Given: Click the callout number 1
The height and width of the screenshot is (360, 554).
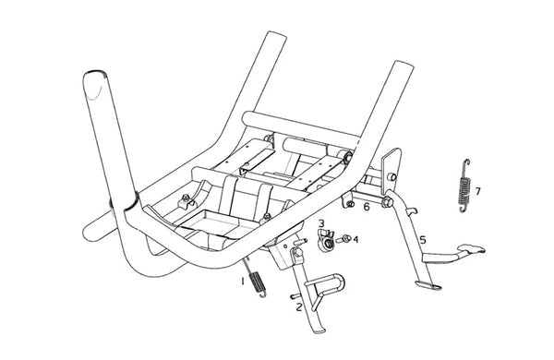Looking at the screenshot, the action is pos(243,282).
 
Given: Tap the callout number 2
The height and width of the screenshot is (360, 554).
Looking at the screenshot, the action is pos(299,307).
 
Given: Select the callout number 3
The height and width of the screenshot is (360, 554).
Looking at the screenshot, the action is pos(321,223).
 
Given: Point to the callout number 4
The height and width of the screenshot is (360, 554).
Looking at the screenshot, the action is pos(355,240).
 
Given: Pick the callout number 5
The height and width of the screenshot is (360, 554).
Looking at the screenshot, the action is pos(423,240).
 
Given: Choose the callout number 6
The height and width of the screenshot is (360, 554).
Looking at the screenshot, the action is pos(367,207).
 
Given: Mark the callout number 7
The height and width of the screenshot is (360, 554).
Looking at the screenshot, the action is pos(477,191).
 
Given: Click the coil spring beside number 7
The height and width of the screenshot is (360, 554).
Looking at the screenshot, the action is pos(464,186).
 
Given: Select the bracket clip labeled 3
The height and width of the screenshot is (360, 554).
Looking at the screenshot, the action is pos(325,240).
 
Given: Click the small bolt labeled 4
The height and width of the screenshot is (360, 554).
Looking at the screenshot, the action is pos(343,239).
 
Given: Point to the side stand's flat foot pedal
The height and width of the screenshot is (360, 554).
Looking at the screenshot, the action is pos(471,248).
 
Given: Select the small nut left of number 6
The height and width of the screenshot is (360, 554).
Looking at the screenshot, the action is pos(351,204).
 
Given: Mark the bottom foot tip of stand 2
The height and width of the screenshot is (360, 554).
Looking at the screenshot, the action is pos(319,331).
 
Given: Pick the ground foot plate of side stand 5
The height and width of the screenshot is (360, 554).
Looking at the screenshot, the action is pos(428,284).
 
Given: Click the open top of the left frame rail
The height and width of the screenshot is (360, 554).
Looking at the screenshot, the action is pos(276,35).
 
